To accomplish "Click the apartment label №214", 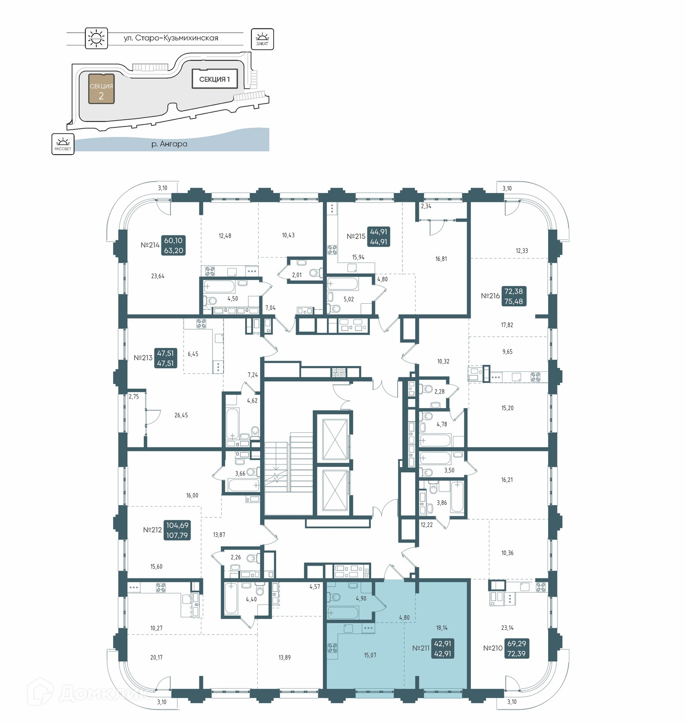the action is pyautogui.click(x=150, y=245).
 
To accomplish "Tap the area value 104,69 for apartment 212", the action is pyautogui.click(x=177, y=525).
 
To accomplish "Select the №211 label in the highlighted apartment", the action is pyautogui.click(x=421, y=648).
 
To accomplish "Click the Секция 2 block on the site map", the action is pyautogui.click(x=101, y=89).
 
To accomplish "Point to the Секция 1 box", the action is pyautogui.click(x=215, y=79).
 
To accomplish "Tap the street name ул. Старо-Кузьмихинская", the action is pyautogui.click(x=171, y=38).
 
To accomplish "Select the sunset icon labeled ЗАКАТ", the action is pyautogui.click(x=262, y=39).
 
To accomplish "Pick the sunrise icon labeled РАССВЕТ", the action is pyautogui.click(x=63, y=144).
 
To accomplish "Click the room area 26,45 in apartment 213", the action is pyautogui.click(x=181, y=415).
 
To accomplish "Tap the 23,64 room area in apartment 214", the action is pyautogui.click(x=158, y=276).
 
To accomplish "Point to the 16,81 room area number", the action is pyautogui.click(x=441, y=259).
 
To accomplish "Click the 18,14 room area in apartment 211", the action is pyautogui.click(x=442, y=628).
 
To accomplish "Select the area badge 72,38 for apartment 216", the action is pyautogui.click(x=514, y=291).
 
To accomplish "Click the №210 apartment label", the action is pyautogui.click(x=493, y=648).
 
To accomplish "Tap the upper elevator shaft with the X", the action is pyautogui.click(x=335, y=439).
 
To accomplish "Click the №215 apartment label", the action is pyautogui.click(x=356, y=236).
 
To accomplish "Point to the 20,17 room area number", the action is pyautogui.click(x=156, y=657).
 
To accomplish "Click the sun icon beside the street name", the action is pyautogui.click(x=96, y=38).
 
